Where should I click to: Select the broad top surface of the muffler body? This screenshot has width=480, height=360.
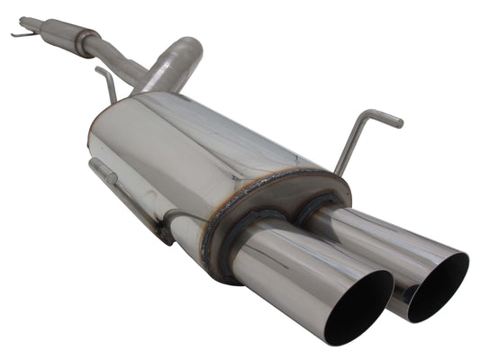(x=207, y=126)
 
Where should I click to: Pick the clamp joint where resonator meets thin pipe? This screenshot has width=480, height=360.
(x=86, y=40)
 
